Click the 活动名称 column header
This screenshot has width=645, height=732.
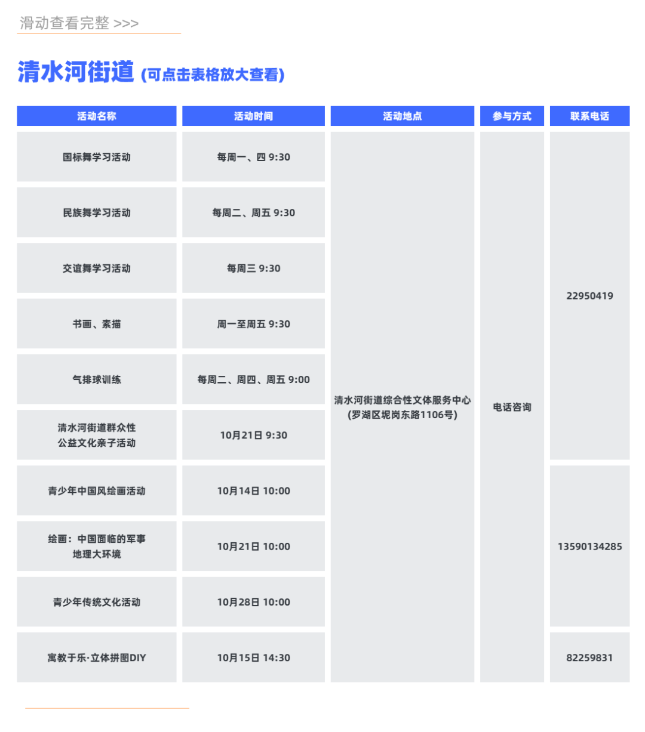pyautogui.click(x=97, y=116)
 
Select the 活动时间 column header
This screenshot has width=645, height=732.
pyautogui.click(x=253, y=116)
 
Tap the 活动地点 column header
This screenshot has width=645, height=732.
pyautogui.click(x=403, y=116)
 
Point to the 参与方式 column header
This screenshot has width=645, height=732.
pyautogui.click(x=512, y=116)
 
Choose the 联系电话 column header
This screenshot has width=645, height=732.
pyautogui.click(x=589, y=116)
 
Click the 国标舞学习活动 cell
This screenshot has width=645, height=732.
pyautogui.click(x=97, y=157)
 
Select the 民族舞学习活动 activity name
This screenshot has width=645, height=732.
pyautogui.click(x=97, y=213)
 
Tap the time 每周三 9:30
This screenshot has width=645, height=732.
pyautogui.click(x=253, y=268)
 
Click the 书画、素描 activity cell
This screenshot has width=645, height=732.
pyautogui.click(x=97, y=324)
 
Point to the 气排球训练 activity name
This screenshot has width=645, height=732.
pyautogui.click(x=97, y=380)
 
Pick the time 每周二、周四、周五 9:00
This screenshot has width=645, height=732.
pyautogui.click(x=253, y=380)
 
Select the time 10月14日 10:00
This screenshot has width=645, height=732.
pyautogui.click(x=253, y=491)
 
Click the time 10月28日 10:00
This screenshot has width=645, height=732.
pyautogui.click(x=253, y=603)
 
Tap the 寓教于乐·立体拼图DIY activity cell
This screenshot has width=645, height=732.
pyautogui.click(x=97, y=658)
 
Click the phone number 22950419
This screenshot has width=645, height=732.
pyautogui.click(x=589, y=296)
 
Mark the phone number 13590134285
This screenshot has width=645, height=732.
pyautogui.click(x=589, y=546)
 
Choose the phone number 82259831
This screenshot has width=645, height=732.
pyautogui.click(x=589, y=658)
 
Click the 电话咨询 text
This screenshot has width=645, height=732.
pyautogui.click(x=512, y=407)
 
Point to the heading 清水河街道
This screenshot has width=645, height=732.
pyautogui.click(x=76, y=72)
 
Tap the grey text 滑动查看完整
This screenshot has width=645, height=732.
pyautogui.click(x=64, y=23)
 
